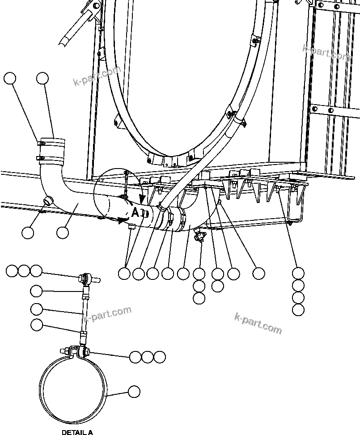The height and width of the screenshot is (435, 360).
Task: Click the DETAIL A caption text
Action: pyautogui.click(x=77, y=432)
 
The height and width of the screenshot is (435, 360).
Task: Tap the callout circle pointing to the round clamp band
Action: pyautogui.click(x=134, y=392)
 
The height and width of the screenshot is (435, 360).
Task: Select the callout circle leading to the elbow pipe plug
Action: pyautogui.click(x=28, y=232)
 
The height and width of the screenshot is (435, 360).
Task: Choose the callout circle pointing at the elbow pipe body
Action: pyautogui.click(x=63, y=232)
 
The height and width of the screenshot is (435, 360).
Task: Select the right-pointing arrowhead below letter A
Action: pyautogui.click(x=122, y=220)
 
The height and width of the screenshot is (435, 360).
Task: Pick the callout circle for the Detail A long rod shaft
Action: pyautogui.click(x=37, y=308)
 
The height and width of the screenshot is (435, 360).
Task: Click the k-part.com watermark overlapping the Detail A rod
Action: pyautogui.click(x=107, y=313)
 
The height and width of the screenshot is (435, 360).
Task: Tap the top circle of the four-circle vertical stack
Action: pyautogui.click(x=298, y=273)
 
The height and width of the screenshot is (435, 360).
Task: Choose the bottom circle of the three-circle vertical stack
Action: pyautogui.click(x=199, y=298)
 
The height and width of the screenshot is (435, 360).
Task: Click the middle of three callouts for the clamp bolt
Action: pyautogui.click(x=147, y=357)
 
